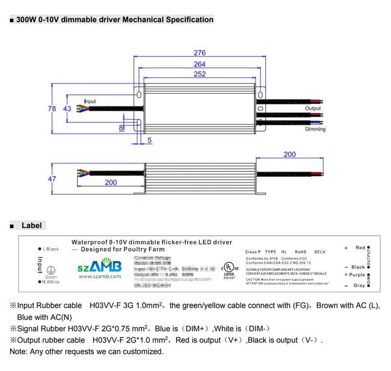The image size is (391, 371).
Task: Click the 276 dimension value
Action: tap(199, 53)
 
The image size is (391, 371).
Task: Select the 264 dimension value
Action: tap(199, 64)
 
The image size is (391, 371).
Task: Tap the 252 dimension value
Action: tap(199, 74)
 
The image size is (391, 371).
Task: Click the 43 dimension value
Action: tap(67, 109)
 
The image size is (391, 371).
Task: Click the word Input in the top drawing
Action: tap(90, 101)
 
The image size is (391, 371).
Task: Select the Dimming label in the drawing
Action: tap(315, 129)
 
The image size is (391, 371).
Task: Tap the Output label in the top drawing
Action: tap(313, 109)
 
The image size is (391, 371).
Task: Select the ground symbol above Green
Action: tap(51, 270)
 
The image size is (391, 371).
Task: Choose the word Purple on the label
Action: tap(357, 275)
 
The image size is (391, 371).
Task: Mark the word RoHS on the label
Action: tap(301, 252)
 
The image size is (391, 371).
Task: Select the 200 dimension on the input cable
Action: tap(111, 183)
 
